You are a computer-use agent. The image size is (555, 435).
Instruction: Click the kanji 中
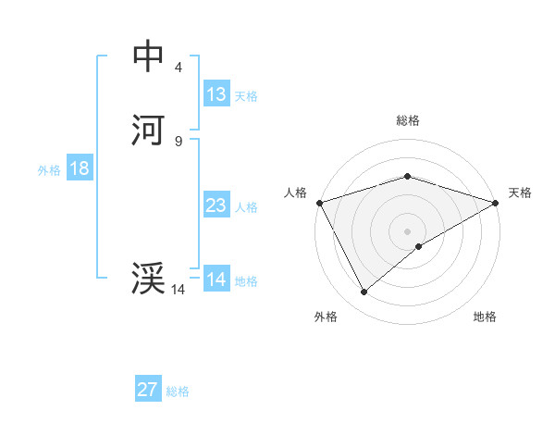point(148,56)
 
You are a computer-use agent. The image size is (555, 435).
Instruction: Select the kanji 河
point(148,130)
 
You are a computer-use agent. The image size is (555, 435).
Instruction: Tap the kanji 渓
point(148,279)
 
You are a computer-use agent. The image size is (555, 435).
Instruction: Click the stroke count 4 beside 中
point(178,67)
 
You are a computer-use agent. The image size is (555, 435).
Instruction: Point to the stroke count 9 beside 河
point(178,141)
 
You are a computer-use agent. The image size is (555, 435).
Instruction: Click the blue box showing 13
point(216,94)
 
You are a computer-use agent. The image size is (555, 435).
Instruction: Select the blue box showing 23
point(216,205)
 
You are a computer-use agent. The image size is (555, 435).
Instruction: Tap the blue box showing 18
point(79,168)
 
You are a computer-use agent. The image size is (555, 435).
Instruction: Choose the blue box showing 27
point(148,390)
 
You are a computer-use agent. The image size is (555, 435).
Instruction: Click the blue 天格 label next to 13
point(246,96)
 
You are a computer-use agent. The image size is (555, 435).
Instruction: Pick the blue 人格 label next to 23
point(246,207)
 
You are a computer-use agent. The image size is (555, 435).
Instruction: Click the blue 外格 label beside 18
point(49,170)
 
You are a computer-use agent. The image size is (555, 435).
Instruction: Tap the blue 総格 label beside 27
point(178,391)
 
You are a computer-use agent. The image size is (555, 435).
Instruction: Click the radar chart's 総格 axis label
point(407,120)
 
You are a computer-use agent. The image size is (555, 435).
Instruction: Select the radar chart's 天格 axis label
point(520,193)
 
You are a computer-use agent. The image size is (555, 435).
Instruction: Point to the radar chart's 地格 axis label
point(485,317)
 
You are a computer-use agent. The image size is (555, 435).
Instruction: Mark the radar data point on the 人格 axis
point(319,202)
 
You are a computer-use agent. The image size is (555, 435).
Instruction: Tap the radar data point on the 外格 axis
point(364,292)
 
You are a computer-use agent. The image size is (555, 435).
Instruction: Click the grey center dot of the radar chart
point(407,230)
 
